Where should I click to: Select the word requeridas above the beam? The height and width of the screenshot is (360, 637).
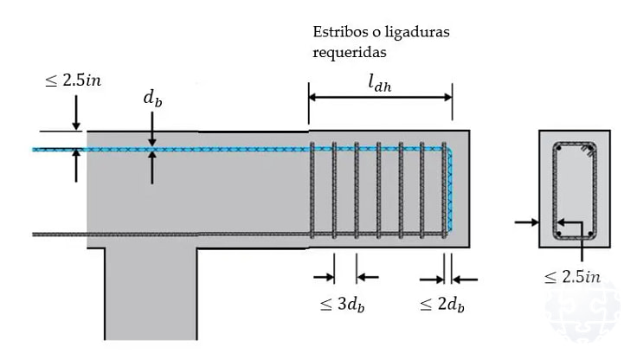pos(347,52)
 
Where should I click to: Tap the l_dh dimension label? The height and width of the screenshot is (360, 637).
pos(381,83)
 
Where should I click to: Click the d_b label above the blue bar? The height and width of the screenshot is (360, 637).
pos(152,99)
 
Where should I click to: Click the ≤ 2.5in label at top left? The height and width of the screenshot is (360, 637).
pos(73,80)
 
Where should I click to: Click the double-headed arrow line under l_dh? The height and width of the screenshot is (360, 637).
pos(381,98)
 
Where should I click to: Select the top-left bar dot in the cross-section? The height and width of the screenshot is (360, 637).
pos(559,149)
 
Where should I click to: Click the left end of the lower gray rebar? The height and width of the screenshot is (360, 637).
pos(35,234)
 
